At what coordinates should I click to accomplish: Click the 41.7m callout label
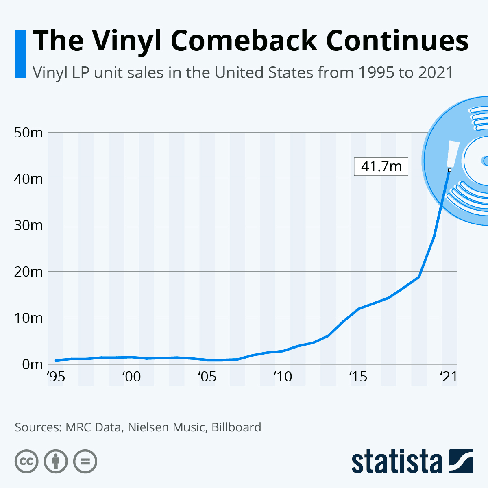(x=381, y=166)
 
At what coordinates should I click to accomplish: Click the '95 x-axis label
(x=56, y=377)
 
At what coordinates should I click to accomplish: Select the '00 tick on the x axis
(x=131, y=377)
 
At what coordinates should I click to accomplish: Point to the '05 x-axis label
(x=207, y=377)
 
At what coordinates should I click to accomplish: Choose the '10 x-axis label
(x=283, y=377)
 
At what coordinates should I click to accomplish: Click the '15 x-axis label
(x=358, y=377)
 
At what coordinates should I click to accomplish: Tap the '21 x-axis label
(x=449, y=377)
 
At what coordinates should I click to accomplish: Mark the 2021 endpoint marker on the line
(x=449, y=170)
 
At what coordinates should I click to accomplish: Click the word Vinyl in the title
(x=127, y=41)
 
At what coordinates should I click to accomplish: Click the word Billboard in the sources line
(x=236, y=427)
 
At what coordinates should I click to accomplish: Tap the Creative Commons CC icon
(x=27, y=462)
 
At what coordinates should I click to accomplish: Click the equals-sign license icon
(x=85, y=462)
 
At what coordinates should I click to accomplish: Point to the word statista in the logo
(x=397, y=462)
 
